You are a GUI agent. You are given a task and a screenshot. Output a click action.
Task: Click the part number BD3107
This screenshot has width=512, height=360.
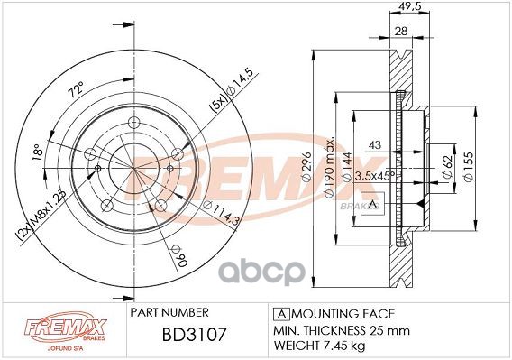pos(195,335)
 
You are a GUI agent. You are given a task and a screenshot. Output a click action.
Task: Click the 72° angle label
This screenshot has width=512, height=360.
pos(76,88)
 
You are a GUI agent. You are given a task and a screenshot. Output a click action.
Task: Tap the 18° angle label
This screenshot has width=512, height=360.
pos(38,152)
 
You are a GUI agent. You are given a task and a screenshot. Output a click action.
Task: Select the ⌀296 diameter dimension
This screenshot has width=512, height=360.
pos(306,167)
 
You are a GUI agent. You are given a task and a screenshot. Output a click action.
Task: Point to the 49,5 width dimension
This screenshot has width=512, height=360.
pos(410,5)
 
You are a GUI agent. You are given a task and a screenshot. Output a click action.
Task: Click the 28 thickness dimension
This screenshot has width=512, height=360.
pos(401,31)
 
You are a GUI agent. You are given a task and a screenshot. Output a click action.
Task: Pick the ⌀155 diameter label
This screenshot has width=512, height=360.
pos(469,166)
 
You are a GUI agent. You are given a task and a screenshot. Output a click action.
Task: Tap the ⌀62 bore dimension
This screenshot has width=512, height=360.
pos(448,166)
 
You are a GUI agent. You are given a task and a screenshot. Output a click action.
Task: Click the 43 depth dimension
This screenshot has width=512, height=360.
pos(374,144)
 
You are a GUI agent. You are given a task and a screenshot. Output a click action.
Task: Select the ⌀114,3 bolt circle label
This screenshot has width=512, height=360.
pos(222,213)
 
